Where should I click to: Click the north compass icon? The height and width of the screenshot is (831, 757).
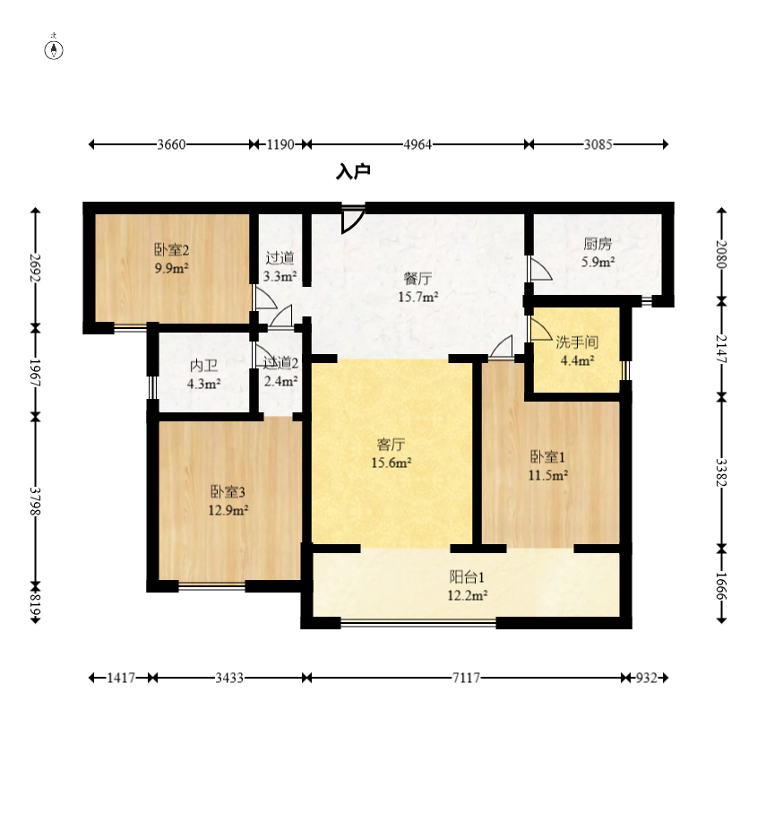coord(54,48)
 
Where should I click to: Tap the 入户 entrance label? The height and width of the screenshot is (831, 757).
coord(353,172)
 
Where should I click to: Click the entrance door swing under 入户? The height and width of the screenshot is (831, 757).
coord(353,219)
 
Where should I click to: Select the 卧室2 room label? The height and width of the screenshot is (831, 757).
coord(172,249)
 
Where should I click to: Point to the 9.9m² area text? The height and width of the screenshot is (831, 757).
coord(172,268)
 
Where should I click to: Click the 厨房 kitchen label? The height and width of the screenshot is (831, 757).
coord(598,244)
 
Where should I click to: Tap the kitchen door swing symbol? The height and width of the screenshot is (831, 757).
coord(540,268)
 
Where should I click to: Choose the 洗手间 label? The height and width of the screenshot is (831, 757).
coord(577,342)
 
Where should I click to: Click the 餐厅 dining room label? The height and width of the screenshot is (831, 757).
coord(418,278)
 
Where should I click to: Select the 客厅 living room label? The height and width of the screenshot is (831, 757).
coord(391,444)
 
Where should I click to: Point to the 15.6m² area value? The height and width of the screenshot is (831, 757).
coord(391,463)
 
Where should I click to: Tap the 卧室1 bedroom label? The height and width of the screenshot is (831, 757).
coord(547,456)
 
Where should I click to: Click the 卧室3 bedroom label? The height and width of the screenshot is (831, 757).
coord(228,492)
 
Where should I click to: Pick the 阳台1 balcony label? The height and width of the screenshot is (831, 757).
coord(467,576)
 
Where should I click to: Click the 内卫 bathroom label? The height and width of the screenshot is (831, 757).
coord(204,366)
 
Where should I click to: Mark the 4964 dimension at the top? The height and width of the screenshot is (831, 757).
coord(418,144)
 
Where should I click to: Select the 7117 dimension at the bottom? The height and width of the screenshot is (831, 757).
coord(466,678)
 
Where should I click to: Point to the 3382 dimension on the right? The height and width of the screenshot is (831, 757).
coord(721,472)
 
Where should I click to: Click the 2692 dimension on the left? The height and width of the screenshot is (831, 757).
coord(36,268)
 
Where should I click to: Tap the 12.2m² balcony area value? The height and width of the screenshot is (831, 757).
coord(468,596)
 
